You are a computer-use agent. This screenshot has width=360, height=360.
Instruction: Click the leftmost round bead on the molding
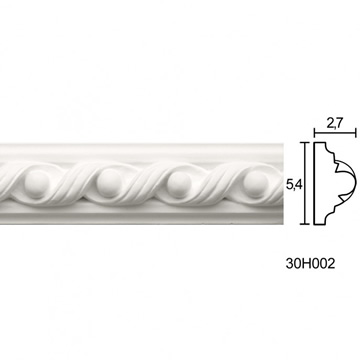click(x=36, y=184)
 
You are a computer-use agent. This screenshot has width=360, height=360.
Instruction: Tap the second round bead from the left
click(x=109, y=183)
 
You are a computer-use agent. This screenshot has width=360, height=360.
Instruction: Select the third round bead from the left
click(x=179, y=184)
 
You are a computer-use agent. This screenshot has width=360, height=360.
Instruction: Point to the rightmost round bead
click(x=256, y=184)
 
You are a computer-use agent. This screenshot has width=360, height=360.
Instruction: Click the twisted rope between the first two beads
click(x=73, y=184)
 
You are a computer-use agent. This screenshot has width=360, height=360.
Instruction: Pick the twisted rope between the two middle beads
click(x=144, y=184)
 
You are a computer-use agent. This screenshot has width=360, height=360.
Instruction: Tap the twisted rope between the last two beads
click(x=217, y=184)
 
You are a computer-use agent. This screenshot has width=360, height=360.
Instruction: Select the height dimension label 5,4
click(x=293, y=184)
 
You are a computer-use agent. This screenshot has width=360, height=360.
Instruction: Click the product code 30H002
click(x=310, y=264)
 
